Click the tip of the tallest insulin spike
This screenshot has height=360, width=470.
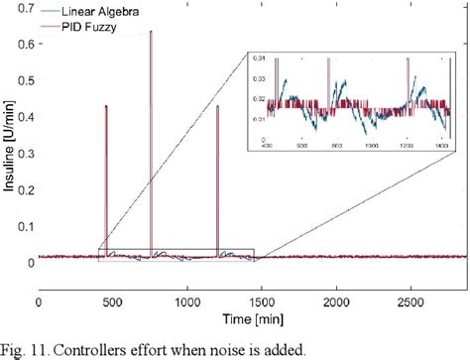pos(151,31)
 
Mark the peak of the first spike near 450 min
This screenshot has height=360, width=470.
pos(106,105)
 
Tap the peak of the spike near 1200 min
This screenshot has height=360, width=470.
pos(217,106)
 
